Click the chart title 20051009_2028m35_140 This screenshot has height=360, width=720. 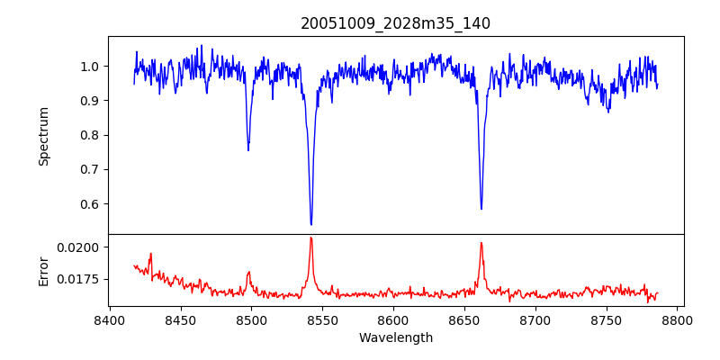coord(395,23)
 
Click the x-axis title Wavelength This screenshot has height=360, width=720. coord(395,337)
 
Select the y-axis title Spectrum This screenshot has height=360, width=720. coord(43,136)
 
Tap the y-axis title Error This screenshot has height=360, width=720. coord(43,270)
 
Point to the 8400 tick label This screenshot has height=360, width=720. coord(109,320)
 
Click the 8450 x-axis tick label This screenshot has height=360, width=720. coord(180,320)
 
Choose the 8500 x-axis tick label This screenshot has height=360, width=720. coord(251,320)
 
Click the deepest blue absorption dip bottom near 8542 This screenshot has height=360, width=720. coord(310,224)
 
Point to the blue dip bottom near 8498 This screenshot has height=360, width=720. coord(248,149)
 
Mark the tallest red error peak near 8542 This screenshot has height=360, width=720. coord(310,238)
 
